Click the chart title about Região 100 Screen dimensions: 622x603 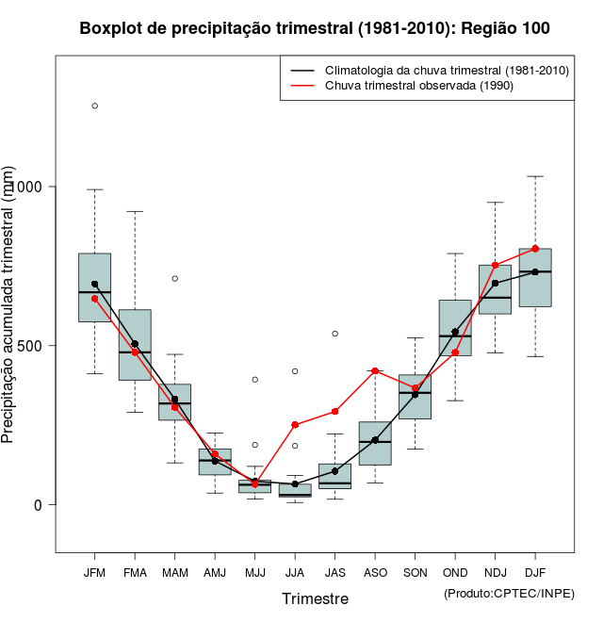[315, 28]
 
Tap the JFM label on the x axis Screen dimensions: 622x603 [94, 572]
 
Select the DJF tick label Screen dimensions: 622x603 [535, 572]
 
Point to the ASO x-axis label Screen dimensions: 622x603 [375, 572]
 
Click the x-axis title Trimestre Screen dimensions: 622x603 [315, 598]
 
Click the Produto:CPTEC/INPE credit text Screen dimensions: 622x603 [509, 593]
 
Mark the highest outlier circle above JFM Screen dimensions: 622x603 [94, 106]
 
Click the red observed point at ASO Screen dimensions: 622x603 [375, 371]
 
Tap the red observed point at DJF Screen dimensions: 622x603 [535, 249]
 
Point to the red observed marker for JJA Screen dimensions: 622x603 [295, 425]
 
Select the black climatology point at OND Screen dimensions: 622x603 [455, 332]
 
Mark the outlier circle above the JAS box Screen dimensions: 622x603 [334, 334]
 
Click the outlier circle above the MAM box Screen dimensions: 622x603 [174, 278]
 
